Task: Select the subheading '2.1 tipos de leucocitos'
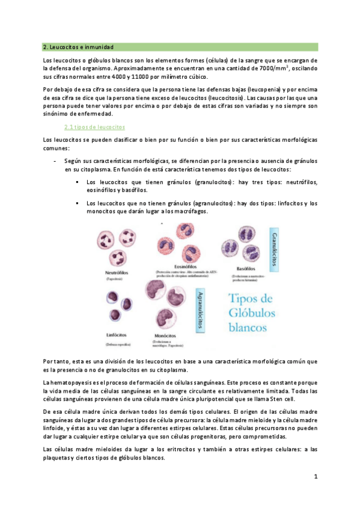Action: click(x=94, y=127)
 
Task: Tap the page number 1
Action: click(x=315, y=476)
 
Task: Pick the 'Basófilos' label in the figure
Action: click(x=243, y=268)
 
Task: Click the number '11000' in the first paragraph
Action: click(x=129, y=76)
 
